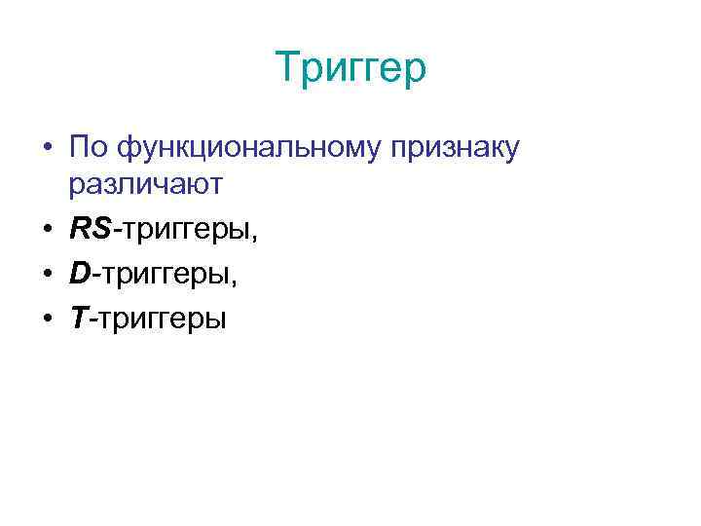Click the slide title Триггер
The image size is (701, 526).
tap(350, 69)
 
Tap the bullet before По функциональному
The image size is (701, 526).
tap(47, 148)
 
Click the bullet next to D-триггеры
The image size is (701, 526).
tap(47, 277)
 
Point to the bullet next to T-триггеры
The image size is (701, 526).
tap(47, 319)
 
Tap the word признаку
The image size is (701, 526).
tap(459, 150)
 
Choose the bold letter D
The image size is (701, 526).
tap(80, 277)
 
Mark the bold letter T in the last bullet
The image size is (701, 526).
tap(79, 319)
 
